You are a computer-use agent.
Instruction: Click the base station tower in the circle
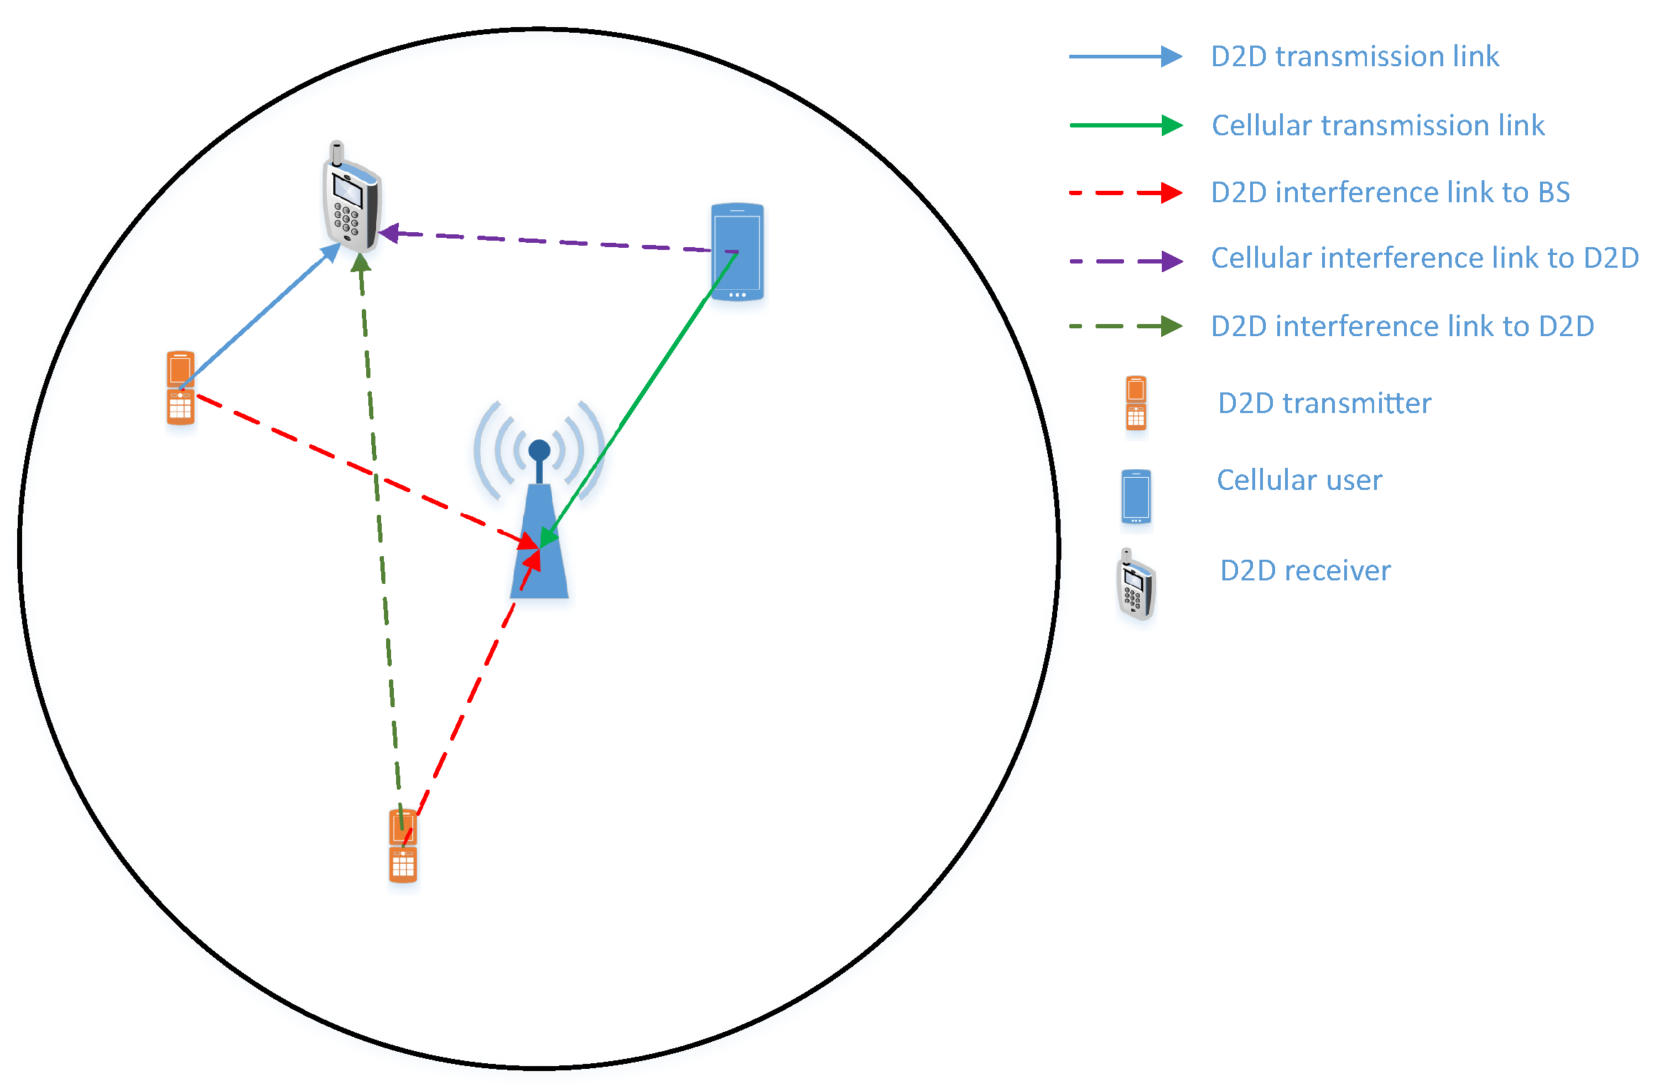point(539,548)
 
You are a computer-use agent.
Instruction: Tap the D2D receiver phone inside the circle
point(351,200)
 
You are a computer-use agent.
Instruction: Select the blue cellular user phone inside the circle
point(737,251)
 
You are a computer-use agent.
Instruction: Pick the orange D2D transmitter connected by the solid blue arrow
point(180,387)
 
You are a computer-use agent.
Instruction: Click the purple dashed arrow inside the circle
point(548,241)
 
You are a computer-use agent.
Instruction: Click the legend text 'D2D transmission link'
point(1355,57)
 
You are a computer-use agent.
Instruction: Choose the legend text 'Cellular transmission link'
point(1378,125)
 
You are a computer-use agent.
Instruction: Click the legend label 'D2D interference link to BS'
point(1390,192)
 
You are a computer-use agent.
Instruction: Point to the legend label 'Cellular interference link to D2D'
point(1425,259)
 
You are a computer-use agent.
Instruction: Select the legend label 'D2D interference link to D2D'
point(1403,326)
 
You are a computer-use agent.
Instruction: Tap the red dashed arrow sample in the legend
point(1125,192)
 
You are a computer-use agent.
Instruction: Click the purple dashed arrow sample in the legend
point(1125,261)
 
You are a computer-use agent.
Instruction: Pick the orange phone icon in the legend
point(1136,403)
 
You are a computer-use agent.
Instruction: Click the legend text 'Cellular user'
point(1299,480)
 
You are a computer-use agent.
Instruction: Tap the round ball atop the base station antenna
point(539,450)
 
